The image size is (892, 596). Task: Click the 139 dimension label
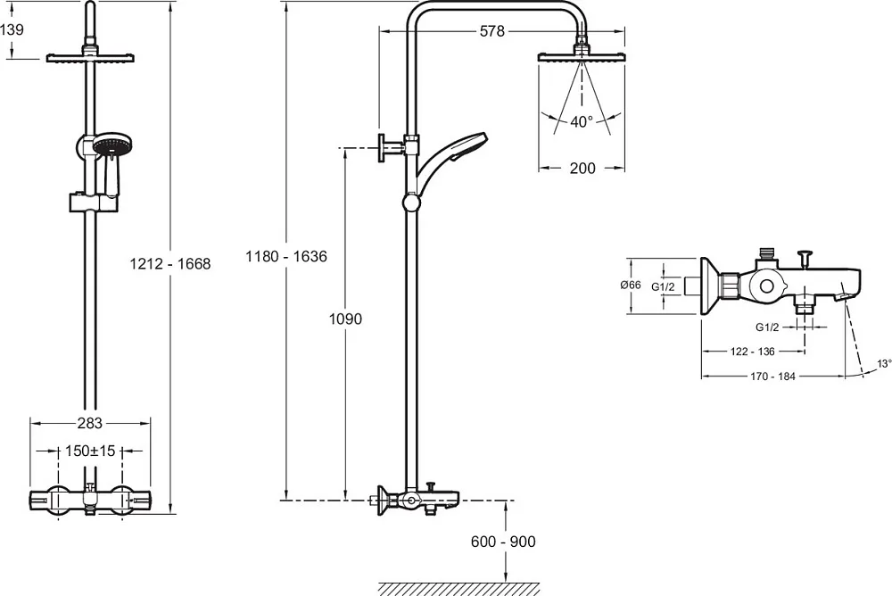[12, 29]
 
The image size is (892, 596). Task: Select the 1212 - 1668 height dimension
[170, 263]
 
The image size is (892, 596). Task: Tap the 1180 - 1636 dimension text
[286, 256]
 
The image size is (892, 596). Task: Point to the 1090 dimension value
[345, 319]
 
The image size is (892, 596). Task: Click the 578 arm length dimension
[492, 31]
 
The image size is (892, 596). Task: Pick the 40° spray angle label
[582, 121]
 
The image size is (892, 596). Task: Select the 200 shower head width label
[582, 168]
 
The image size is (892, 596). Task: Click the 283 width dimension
[90, 423]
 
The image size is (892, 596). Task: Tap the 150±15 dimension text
[90, 451]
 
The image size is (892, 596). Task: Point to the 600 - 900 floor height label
[503, 542]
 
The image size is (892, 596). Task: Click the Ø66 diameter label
[631, 285]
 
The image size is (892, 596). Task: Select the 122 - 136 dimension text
[753, 352]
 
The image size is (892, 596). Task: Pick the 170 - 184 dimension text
[772, 377]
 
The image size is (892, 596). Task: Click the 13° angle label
[883, 363]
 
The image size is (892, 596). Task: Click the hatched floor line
[458, 588]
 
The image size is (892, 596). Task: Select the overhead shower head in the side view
[582, 56]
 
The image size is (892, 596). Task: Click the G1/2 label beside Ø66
[663, 287]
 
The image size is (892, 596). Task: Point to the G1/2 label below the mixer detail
[767, 327]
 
